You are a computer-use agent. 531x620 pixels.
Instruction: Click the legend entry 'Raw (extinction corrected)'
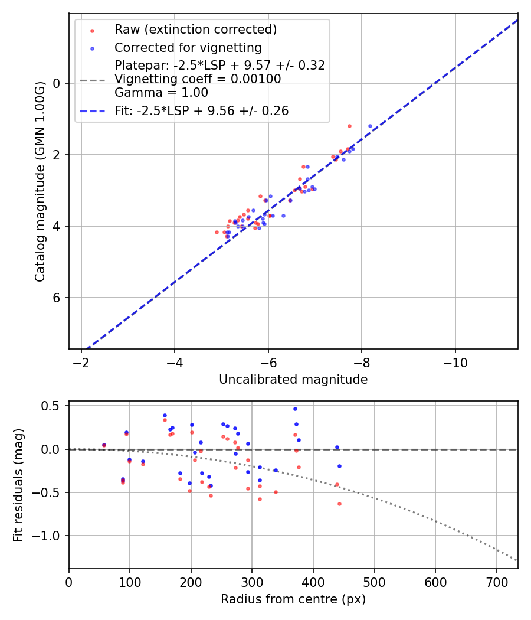[195, 30]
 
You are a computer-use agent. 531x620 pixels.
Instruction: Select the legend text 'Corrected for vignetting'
[188, 47]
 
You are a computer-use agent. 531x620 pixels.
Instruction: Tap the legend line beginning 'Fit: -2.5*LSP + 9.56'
[201, 111]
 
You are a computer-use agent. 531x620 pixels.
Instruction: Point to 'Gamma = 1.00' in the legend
[161, 93]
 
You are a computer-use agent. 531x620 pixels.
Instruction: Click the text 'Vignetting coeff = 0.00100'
[198, 79]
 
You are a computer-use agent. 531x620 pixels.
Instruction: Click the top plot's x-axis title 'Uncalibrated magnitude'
[293, 380]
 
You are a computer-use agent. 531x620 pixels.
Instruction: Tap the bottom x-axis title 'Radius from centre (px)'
[293, 599]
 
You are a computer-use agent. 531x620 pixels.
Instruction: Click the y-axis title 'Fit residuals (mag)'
[18, 485]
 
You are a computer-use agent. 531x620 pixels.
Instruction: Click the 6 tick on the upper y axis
[57, 298]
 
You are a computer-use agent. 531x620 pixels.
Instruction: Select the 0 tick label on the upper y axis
[57, 83]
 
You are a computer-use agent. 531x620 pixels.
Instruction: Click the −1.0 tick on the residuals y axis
[50, 536]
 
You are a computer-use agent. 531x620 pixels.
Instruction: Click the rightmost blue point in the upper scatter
[371, 126]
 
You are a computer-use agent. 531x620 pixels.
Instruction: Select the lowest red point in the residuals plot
[339, 504]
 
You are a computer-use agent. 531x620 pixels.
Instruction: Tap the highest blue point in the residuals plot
[295, 409]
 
